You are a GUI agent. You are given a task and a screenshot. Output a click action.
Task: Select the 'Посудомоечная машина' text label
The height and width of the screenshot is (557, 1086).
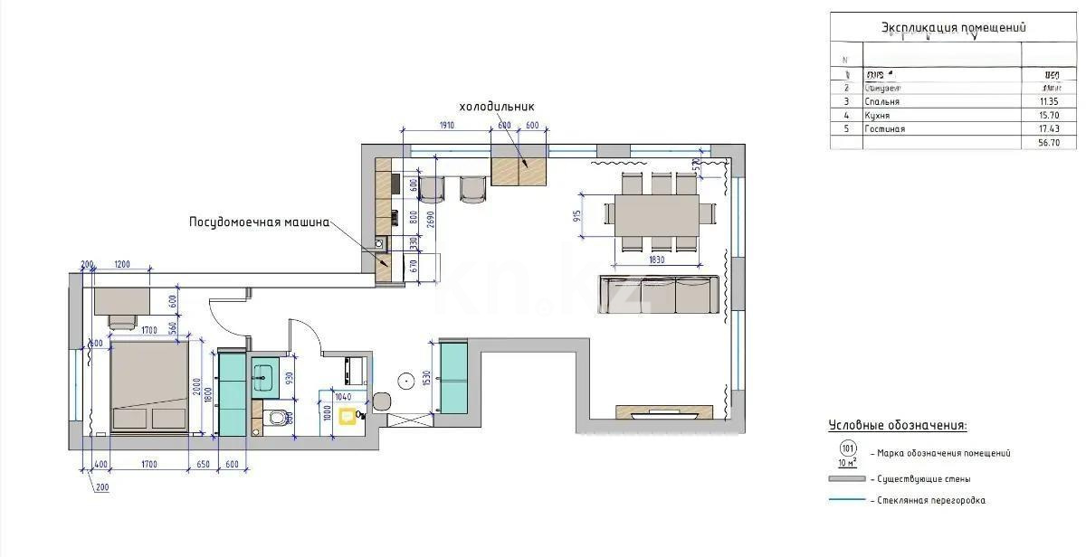pyautogui.click(x=258, y=222)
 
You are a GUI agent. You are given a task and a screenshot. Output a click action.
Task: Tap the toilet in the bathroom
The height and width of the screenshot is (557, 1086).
pyautogui.click(x=279, y=417)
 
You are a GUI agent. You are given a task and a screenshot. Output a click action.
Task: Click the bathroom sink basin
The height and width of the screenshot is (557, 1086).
pyautogui.click(x=264, y=375)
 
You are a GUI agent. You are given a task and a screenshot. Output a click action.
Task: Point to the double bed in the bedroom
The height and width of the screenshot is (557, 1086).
pyautogui.click(x=149, y=386)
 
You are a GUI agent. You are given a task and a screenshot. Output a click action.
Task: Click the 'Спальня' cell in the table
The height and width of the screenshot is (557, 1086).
pyautogui.click(x=882, y=102)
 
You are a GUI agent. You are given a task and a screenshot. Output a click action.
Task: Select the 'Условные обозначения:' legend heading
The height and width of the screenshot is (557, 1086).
pyautogui.click(x=897, y=425)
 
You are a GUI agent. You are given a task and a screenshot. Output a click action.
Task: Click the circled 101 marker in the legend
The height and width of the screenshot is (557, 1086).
pyautogui.click(x=848, y=448)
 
